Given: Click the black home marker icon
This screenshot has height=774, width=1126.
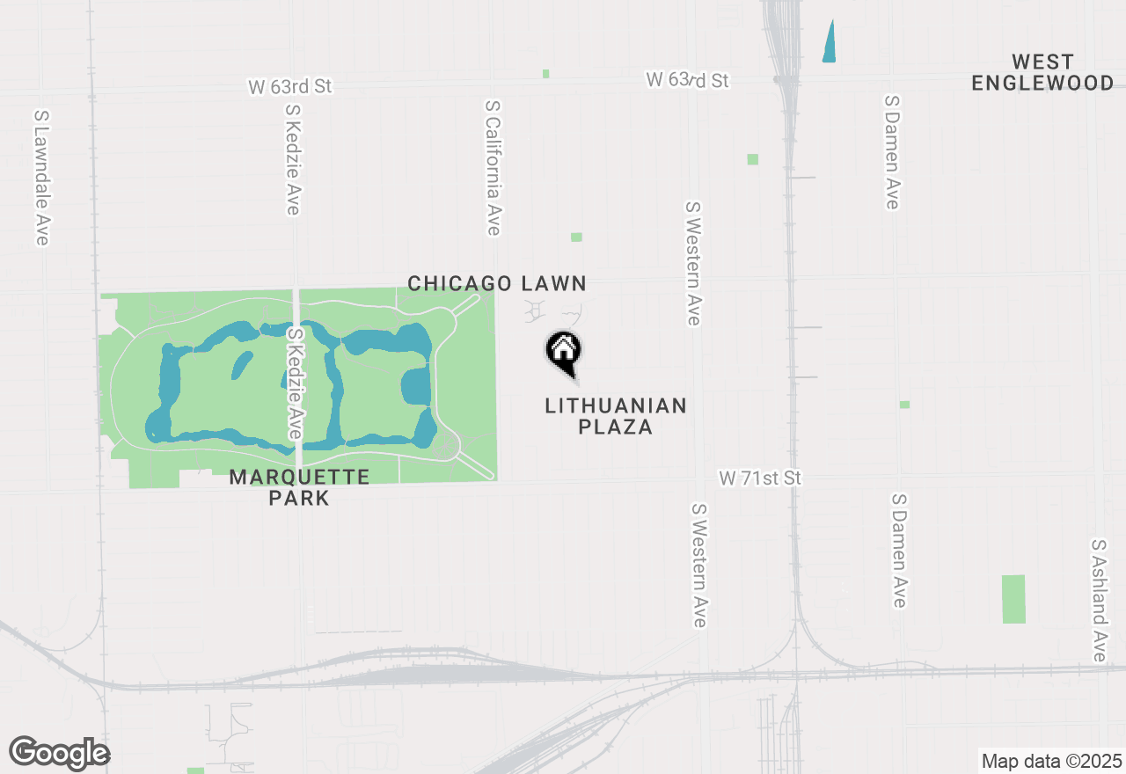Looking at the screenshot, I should click(x=563, y=351).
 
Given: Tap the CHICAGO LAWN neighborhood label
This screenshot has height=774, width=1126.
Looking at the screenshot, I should click(x=496, y=283).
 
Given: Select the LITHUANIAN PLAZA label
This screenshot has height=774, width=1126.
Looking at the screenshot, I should click(x=615, y=416).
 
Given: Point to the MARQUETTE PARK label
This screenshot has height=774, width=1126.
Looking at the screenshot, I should click(x=299, y=487).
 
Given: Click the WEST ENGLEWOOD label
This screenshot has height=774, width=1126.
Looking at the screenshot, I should click(x=1042, y=73).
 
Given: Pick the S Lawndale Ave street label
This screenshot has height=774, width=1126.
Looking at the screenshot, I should click(x=40, y=178).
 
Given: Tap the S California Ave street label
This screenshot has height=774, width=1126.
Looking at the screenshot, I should click(x=493, y=167).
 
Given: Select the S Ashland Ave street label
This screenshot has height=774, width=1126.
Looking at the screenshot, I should click(x=1099, y=600).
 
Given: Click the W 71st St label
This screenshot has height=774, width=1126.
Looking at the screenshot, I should click(x=761, y=478).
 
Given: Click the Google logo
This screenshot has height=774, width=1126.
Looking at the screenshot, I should click(x=59, y=753).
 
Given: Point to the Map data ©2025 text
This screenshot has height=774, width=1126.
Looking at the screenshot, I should click(x=1051, y=761).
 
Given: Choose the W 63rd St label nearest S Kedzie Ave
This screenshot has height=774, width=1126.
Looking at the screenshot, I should click(x=290, y=86).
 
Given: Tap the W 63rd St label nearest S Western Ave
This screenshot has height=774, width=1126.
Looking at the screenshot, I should click(x=688, y=80).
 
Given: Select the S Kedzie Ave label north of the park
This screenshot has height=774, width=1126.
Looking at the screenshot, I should click(x=293, y=158).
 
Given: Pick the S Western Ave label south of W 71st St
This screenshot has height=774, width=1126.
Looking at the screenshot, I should click(x=699, y=565).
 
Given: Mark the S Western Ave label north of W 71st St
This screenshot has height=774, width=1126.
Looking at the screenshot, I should click(x=693, y=263).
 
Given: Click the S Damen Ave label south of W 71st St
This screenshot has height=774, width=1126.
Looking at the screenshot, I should click(x=899, y=550).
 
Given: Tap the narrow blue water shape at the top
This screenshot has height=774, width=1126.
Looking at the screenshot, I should click(x=829, y=41).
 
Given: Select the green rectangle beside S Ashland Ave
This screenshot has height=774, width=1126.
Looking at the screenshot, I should click(x=1013, y=599).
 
